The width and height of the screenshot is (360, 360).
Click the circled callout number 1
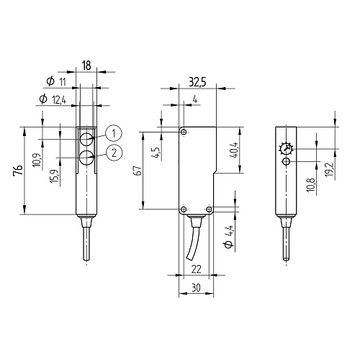click(x=114, y=133)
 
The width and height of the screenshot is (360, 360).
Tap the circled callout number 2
click(x=114, y=153)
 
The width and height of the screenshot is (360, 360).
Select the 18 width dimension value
click(x=86, y=66)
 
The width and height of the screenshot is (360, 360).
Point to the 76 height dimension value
click(x=19, y=170)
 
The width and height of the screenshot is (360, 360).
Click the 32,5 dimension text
click(x=198, y=83)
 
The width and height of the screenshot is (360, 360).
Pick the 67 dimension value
click(x=139, y=170)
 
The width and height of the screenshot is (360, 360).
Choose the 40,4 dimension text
click(x=234, y=150)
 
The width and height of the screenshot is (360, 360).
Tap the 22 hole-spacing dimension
click(x=197, y=269)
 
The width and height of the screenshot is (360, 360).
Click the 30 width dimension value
click(x=196, y=288)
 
